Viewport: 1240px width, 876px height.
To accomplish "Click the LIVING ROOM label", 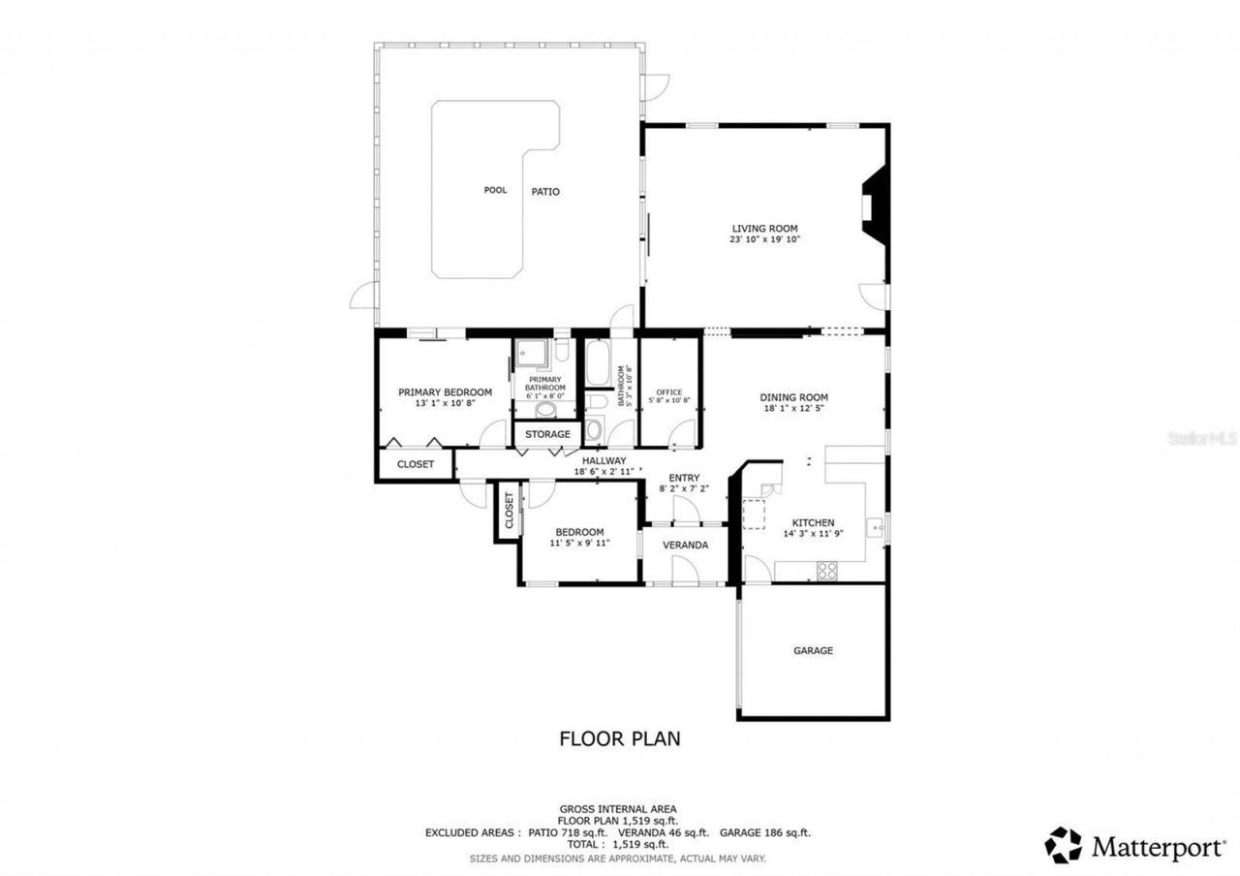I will point(764,229).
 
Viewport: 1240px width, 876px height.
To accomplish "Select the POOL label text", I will point(495,190).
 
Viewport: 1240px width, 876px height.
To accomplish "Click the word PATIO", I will point(545,192).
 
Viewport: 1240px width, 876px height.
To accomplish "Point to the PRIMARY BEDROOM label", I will point(445,392).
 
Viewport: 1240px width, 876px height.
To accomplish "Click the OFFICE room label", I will point(669,392).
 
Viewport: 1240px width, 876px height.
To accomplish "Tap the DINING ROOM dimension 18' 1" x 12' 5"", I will point(793,409).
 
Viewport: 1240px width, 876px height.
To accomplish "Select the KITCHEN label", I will point(812,522).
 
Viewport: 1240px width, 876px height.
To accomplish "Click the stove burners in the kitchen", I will point(826,571).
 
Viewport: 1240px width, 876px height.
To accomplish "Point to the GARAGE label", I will point(813,651).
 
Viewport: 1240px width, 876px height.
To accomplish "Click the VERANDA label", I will point(685,546).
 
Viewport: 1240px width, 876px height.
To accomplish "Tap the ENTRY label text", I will point(684,478).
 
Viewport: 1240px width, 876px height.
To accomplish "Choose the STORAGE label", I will point(547,434).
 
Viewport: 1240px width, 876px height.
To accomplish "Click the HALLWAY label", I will point(604,460).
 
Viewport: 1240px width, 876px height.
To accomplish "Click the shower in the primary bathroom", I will point(531,356).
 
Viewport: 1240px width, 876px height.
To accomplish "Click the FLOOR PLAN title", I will point(620,738).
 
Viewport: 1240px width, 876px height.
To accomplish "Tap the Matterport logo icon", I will point(1063,845).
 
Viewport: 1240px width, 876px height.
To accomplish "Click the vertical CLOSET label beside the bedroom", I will point(509,511).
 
